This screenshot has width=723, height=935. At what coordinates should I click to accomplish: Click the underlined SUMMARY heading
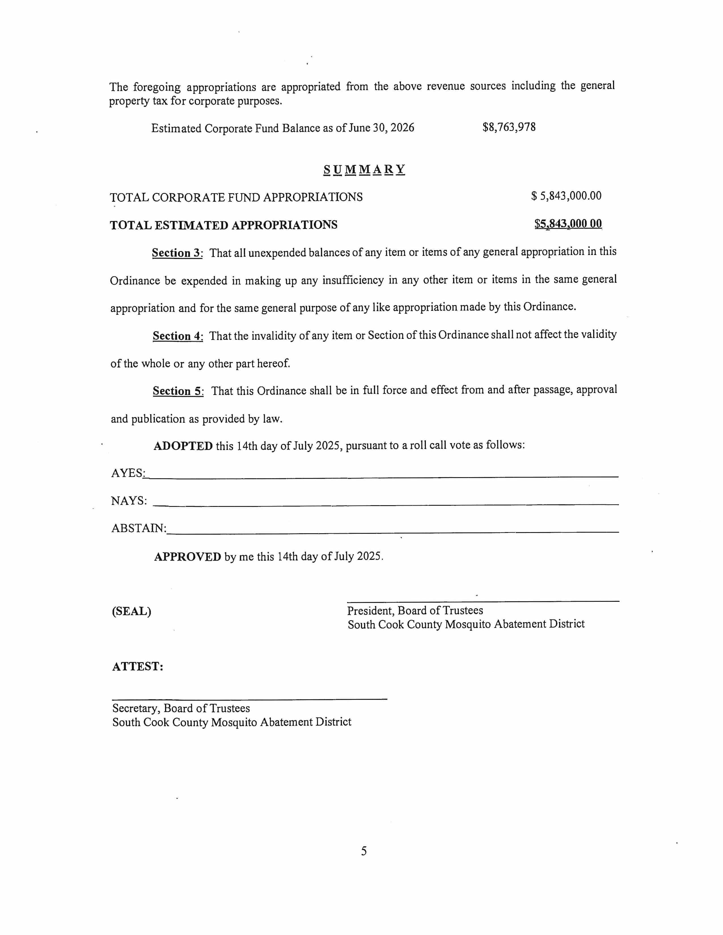(x=364, y=170)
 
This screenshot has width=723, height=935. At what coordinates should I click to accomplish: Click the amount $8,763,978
(x=509, y=127)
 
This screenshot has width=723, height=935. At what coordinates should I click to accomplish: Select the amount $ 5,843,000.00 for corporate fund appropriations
(x=566, y=196)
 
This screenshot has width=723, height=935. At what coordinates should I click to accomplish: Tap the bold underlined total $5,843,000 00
(x=568, y=224)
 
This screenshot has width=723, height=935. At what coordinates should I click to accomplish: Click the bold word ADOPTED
(x=183, y=446)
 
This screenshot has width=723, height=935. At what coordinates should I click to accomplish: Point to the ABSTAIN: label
(x=139, y=528)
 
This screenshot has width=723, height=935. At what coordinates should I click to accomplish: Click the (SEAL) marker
(x=132, y=611)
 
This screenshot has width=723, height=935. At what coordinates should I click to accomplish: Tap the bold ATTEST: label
(x=138, y=667)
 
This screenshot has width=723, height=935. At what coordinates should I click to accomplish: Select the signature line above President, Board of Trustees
(x=483, y=602)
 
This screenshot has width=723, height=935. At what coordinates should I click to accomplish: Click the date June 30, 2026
(x=381, y=128)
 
